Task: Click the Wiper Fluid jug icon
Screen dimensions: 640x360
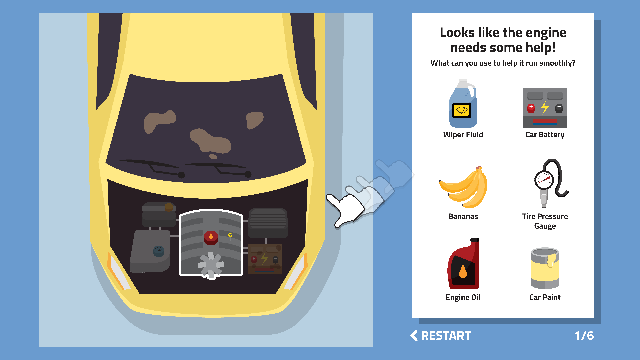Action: click(x=463, y=104)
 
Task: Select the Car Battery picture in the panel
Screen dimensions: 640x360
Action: click(x=545, y=108)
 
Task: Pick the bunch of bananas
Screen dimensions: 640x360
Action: click(x=463, y=187)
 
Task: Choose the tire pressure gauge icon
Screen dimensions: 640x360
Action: click(x=550, y=183)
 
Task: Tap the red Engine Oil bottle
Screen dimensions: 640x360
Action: click(x=463, y=264)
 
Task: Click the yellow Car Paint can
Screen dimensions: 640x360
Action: click(x=545, y=268)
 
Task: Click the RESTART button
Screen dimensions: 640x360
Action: click(x=440, y=336)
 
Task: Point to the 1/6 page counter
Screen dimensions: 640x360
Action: click(x=584, y=336)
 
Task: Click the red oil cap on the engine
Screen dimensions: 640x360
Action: click(x=211, y=237)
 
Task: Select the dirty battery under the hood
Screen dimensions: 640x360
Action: click(x=265, y=259)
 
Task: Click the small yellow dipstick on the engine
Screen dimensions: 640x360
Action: click(x=230, y=236)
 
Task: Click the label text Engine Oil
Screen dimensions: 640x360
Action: click(x=463, y=297)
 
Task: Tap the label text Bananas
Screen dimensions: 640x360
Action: click(x=463, y=216)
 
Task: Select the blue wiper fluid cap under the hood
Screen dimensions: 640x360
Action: click(x=159, y=251)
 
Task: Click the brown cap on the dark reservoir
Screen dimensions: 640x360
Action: click(x=169, y=207)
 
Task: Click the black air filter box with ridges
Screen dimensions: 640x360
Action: click(x=268, y=223)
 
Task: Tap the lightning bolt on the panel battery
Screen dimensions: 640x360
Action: click(x=545, y=108)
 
